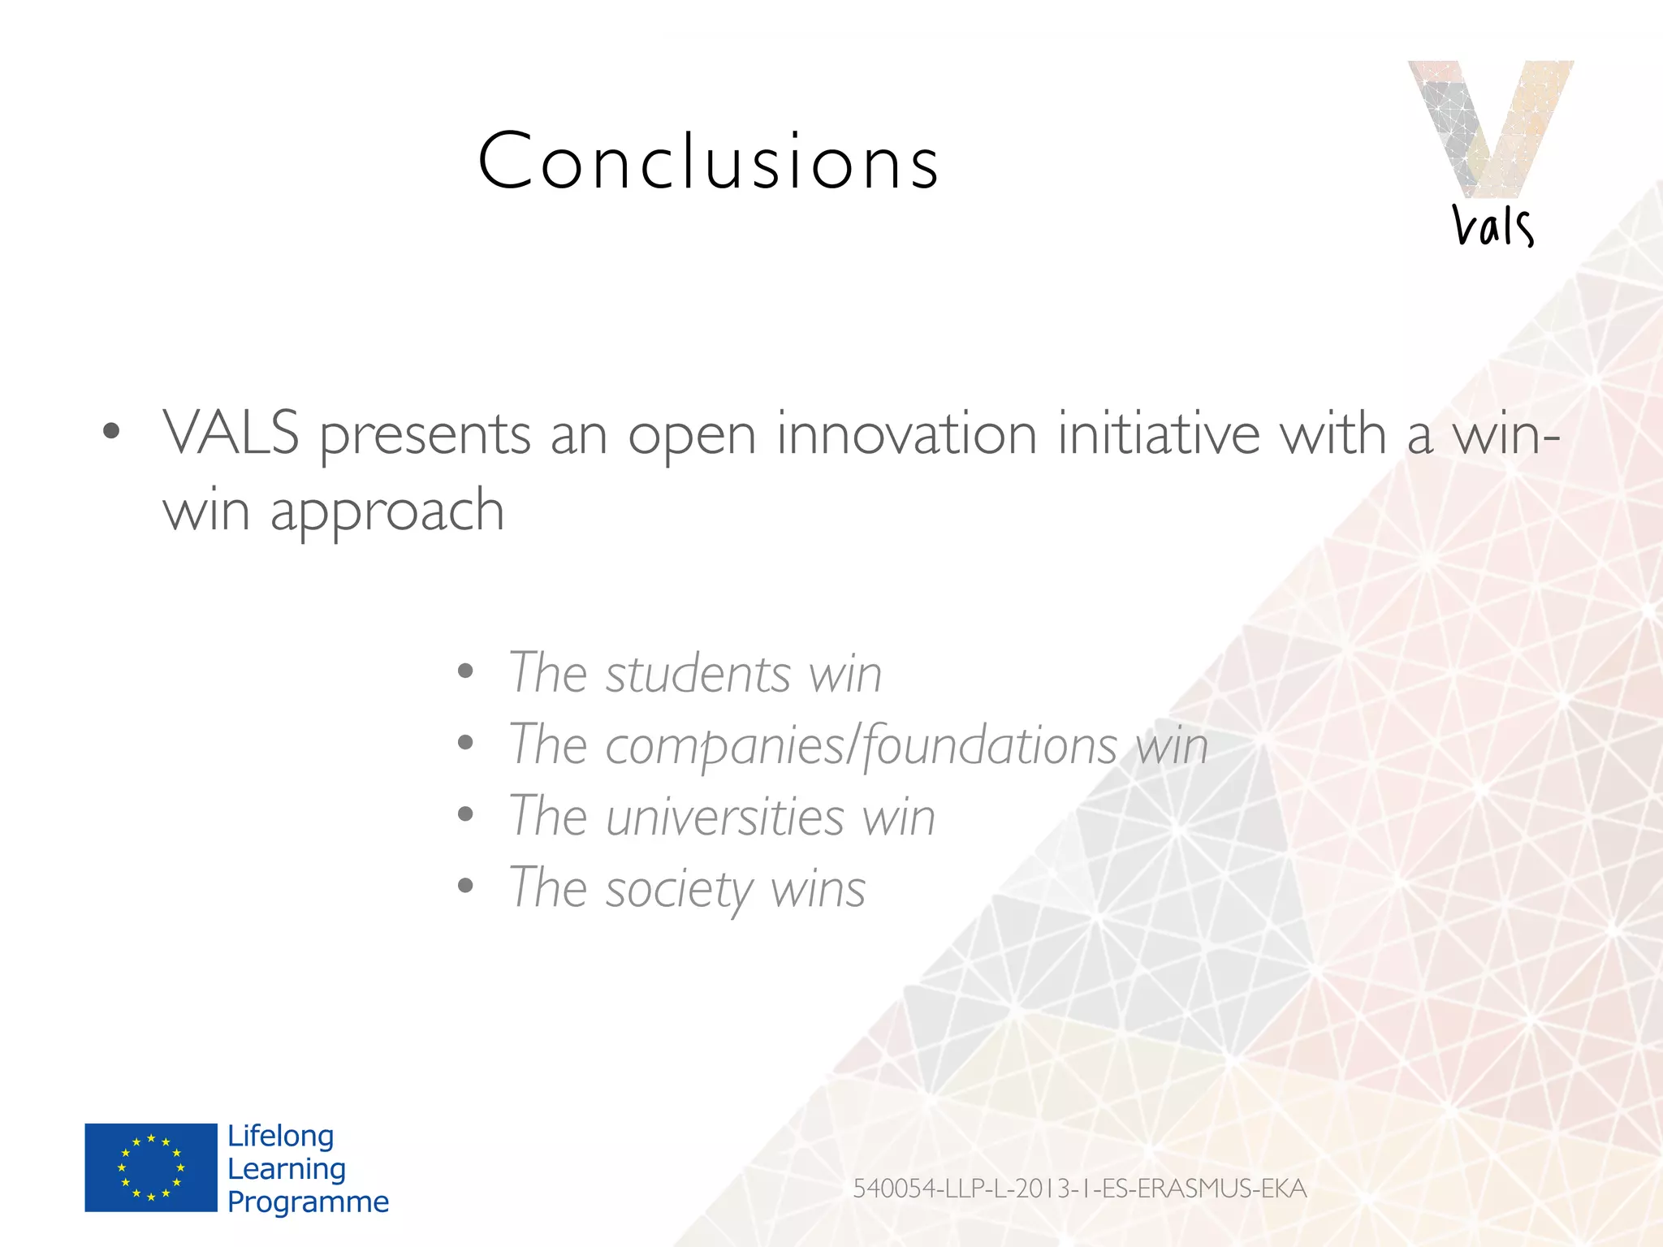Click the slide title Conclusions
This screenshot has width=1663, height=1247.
click(x=708, y=162)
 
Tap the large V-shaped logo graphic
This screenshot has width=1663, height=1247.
click(x=1490, y=126)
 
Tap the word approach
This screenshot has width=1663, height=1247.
click(x=387, y=511)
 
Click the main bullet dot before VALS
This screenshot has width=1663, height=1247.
click(x=111, y=431)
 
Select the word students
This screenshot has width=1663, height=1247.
click(x=698, y=674)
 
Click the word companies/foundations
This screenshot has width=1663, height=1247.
click(x=861, y=745)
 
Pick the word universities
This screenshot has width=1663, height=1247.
click(x=724, y=817)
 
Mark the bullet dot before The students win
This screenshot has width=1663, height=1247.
click(x=465, y=671)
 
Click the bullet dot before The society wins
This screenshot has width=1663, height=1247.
click(x=465, y=886)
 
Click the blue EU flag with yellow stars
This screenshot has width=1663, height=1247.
click(x=151, y=1167)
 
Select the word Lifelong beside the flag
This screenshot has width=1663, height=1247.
click(x=280, y=1136)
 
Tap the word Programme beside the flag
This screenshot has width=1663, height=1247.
click(x=308, y=1202)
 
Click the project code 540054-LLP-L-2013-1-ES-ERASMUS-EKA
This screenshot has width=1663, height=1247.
click(x=1079, y=1189)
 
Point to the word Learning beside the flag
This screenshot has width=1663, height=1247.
click(x=287, y=1169)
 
